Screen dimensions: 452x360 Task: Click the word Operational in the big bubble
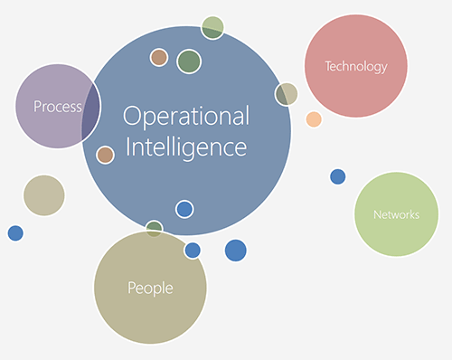point(185,117)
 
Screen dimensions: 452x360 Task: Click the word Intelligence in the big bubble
point(185,146)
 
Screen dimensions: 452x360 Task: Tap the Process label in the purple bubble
point(57,107)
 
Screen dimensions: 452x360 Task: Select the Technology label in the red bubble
point(356,66)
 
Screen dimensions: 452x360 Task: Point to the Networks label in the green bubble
point(396,214)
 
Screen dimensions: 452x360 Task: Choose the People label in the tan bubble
point(150,289)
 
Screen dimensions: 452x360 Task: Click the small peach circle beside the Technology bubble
point(314,119)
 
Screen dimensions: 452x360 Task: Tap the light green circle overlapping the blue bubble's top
point(212,27)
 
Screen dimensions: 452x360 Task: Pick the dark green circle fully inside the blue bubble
point(189,61)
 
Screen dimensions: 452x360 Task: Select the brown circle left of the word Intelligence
point(106,155)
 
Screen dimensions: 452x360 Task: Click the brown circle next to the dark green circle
point(159,57)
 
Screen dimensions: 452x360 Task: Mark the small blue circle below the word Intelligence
point(184,209)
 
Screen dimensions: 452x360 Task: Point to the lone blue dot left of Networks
point(337,176)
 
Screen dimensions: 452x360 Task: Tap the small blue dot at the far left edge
point(15,233)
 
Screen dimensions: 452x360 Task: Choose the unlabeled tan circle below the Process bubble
point(43,195)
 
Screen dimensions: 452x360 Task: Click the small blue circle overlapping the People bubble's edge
point(193,250)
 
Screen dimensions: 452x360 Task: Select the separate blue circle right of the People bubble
point(235,251)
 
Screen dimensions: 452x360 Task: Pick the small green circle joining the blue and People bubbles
point(155,228)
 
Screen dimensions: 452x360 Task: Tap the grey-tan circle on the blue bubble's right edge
point(287,94)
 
